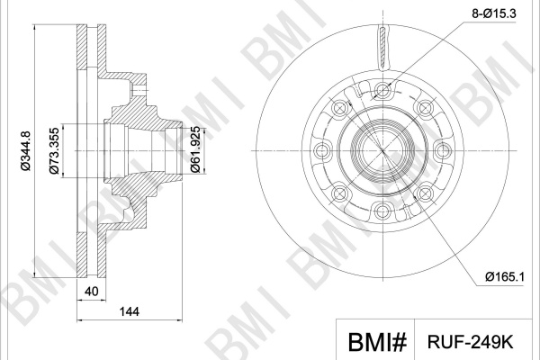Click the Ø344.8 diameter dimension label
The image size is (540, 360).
pyautogui.click(x=26, y=151)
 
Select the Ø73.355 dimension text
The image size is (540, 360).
pyautogui.click(x=54, y=151)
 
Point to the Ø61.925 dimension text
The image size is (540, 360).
pyautogui.click(x=195, y=149)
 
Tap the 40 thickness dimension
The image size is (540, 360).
pyautogui.click(x=91, y=292)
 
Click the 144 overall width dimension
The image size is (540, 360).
pyautogui.click(x=129, y=311)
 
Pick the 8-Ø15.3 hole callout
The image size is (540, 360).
pyautogui.click(x=494, y=13)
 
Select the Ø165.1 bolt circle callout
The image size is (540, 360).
pyautogui.click(x=505, y=276)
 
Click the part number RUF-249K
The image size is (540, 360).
pyautogui.click(x=471, y=342)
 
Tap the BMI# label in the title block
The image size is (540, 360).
pyautogui.click(x=377, y=342)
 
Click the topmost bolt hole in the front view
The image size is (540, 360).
pyautogui.click(x=383, y=91)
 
